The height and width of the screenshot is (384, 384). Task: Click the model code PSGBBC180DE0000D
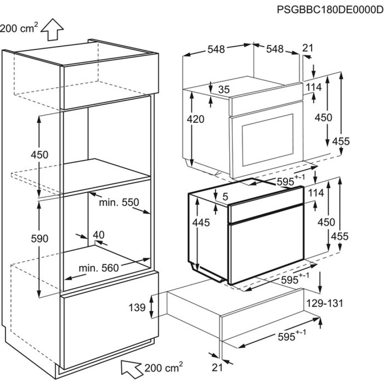click(330, 9)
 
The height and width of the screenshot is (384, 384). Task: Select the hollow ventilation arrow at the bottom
click(131, 367)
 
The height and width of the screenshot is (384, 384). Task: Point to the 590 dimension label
click(40, 238)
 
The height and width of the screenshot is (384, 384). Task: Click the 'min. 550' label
click(119, 202)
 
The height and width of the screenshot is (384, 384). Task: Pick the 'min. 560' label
click(99, 268)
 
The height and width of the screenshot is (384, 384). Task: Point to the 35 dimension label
click(223, 89)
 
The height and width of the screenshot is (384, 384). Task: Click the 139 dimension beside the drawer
click(137, 307)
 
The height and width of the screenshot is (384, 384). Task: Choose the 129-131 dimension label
click(324, 303)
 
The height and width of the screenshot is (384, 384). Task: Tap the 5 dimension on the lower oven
click(225, 197)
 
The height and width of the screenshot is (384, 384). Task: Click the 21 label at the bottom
click(217, 367)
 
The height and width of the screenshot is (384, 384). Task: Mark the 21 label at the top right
click(308, 48)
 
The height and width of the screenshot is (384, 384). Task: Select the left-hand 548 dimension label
click(217, 49)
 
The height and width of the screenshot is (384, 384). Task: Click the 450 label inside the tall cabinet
click(40, 155)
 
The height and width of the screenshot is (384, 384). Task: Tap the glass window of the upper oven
click(268, 139)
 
